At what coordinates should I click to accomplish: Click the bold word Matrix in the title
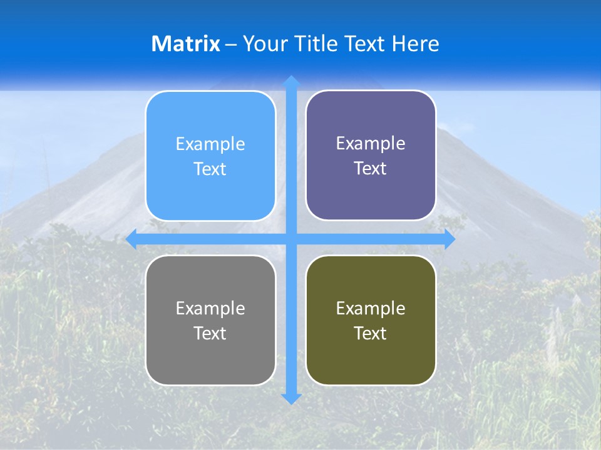tap(186, 44)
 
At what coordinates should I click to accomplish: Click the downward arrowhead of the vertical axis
tap(291, 398)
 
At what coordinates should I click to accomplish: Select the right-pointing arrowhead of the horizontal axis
tap(449, 239)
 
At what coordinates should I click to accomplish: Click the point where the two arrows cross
tap(291, 239)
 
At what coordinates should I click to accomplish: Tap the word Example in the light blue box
tap(210, 144)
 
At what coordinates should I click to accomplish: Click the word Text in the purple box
tap(371, 169)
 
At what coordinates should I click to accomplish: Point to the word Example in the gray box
tap(210, 308)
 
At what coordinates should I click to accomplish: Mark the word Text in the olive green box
tap(371, 333)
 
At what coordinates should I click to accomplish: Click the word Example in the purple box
tap(371, 143)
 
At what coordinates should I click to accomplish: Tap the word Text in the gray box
tap(210, 333)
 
